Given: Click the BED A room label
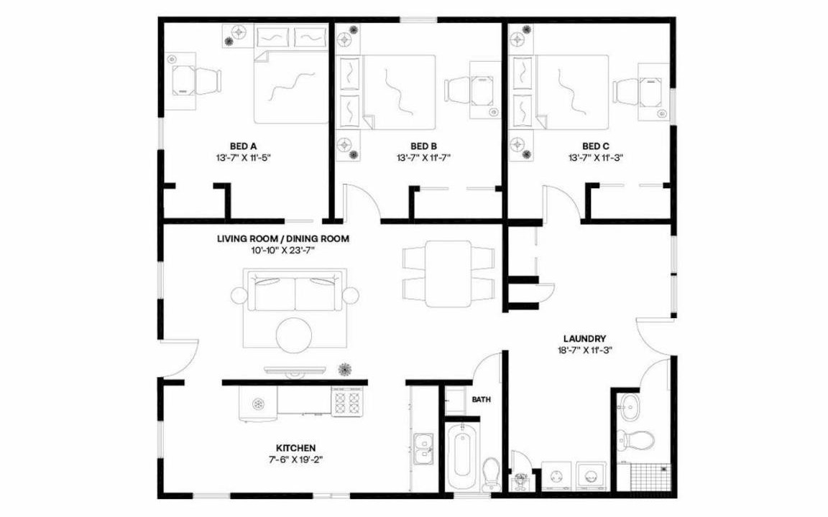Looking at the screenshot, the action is (x=243, y=146).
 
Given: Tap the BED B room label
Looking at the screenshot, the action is (x=423, y=146).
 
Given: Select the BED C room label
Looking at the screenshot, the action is (x=596, y=146).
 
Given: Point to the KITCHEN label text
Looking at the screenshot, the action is (x=295, y=448).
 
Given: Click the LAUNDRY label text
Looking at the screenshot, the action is (x=584, y=339).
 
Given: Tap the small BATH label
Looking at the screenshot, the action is (x=481, y=399).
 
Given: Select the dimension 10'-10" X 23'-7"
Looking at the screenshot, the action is (x=283, y=250).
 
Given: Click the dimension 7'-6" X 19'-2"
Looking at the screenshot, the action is (x=295, y=460).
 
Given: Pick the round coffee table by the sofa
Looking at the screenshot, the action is (x=294, y=335).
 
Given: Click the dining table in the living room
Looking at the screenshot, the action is (x=448, y=274).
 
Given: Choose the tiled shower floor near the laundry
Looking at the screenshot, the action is (x=651, y=477).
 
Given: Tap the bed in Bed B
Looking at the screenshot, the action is (x=387, y=93).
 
